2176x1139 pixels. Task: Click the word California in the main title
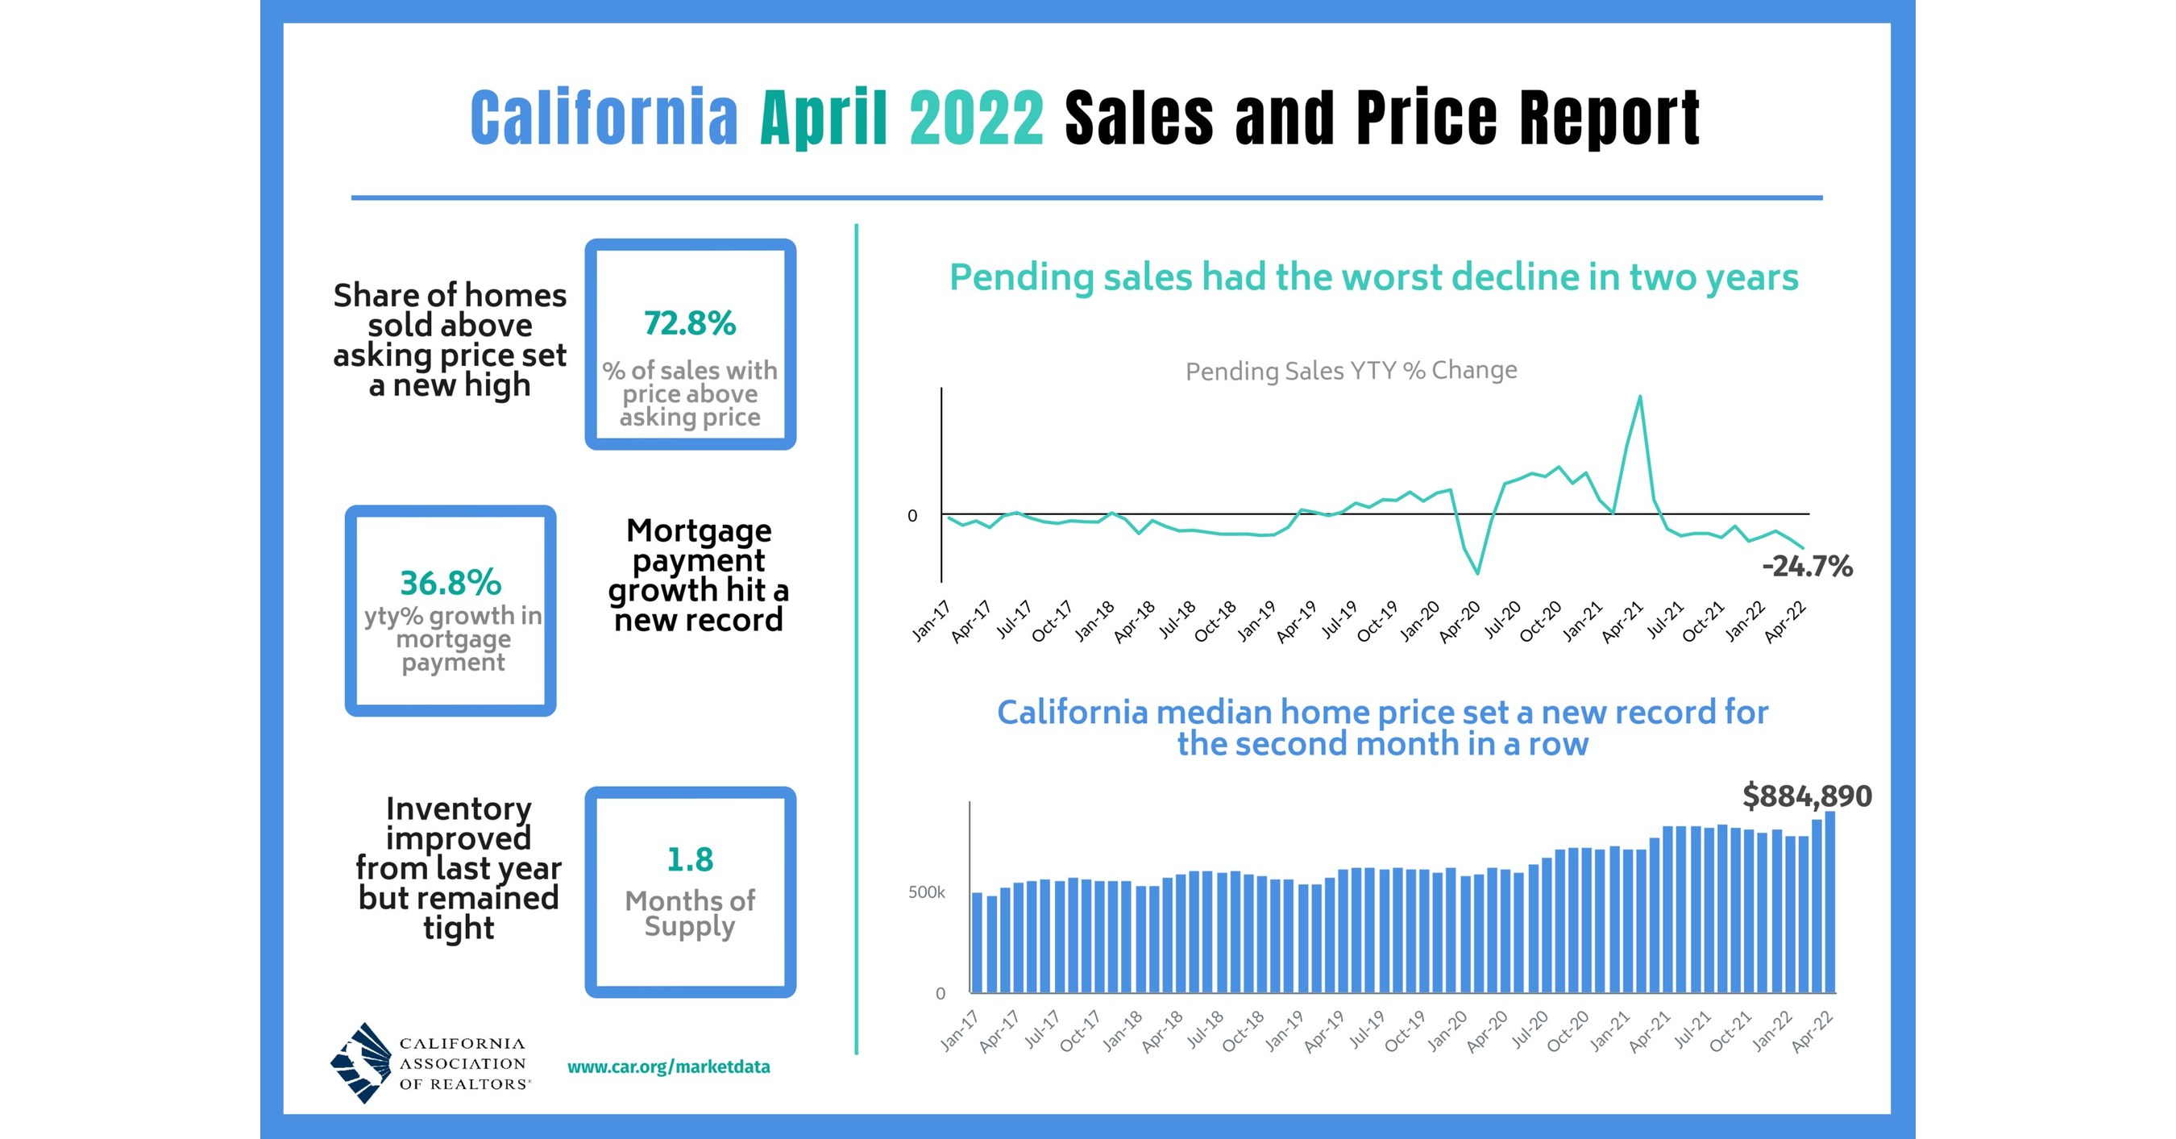pyautogui.click(x=604, y=118)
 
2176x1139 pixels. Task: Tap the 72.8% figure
pyautogui.click(x=689, y=323)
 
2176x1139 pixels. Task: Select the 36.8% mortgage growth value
pyautogui.click(x=451, y=583)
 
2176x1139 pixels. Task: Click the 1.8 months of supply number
pyautogui.click(x=689, y=860)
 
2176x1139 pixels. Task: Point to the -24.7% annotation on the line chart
pyautogui.click(x=1807, y=566)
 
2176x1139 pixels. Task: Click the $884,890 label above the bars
pyautogui.click(x=1807, y=796)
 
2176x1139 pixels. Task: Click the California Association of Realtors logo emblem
pyautogui.click(x=361, y=1063)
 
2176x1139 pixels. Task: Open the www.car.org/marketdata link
pyautogui.click(x=668, y=1066)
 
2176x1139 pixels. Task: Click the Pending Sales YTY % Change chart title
pyautogui.click(x=1351, y=370)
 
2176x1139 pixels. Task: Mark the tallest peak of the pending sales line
pyautogui.click(x=1639, y=397)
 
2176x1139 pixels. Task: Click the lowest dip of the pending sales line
pyautogui.click(x=1477, y=573)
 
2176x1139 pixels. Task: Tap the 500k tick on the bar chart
pyautogui.click(x=926, y=892)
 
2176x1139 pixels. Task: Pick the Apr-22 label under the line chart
pyautogui.click(x=1786, y=623)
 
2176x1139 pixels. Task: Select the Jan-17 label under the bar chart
pyautogui.click(x=959, y=1032)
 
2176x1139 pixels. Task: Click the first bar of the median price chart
pyautogui.click(x=978, y=942)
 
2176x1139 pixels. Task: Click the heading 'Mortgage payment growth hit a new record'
pyautogui.click(x=698, y=575)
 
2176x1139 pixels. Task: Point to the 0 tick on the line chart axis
pyautogui.click(x=912, y=515)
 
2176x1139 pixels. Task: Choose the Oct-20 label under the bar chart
pyautogui.click(x=1568, y=1032)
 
